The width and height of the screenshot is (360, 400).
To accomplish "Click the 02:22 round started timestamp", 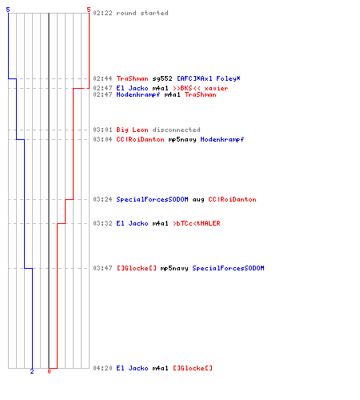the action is click(x=102, y=13).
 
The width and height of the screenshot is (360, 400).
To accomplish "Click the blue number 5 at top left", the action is click(x=8, y=10).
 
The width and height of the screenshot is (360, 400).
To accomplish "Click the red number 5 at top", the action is click(x=89, y=10).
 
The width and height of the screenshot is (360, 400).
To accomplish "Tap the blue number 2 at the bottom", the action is click(x=32, y=371).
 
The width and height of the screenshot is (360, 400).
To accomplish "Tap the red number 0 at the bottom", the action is click(x=49, y=371).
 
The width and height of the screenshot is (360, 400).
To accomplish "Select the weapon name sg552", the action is click(x=162, y=78).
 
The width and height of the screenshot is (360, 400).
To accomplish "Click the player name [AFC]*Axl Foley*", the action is click(x=209, y=78).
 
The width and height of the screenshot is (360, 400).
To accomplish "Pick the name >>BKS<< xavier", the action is click(x=201, y=88).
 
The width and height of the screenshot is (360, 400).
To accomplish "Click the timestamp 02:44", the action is click(x=102, y=78).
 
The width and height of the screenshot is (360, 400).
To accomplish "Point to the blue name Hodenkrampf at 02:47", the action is click(x=138, y=94).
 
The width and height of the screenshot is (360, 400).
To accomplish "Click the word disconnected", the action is click(x=176, y=130).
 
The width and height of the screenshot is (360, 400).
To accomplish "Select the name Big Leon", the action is click(x=132, y=130).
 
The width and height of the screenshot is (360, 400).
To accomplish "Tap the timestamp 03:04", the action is click(x=102, y=139).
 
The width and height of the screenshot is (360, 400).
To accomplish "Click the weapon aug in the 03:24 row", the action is click(x=198, y=200).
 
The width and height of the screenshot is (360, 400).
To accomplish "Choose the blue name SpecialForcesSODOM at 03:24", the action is click(x=152, y=199).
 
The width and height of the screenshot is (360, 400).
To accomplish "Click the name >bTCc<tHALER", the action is click(x=197, y=223).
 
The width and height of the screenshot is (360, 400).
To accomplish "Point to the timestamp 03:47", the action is click(x=102, y=268).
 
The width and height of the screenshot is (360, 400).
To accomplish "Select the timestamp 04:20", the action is click(x=102, y=368).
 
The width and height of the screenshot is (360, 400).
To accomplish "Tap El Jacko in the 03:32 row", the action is click(x=132, y=223).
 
